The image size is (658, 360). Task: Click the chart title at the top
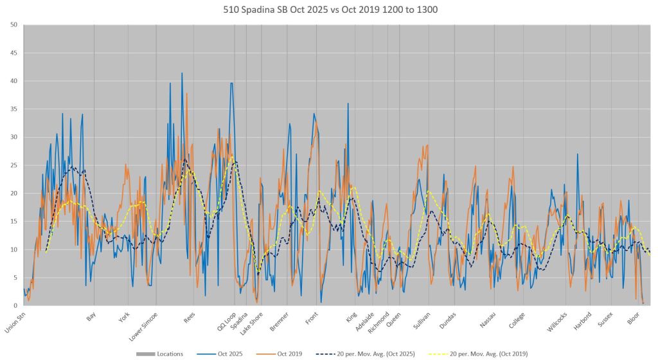(x=329, y=10)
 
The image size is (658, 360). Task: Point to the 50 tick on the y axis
(x=13, y=24)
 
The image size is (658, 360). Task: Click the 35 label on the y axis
(x=13, y=109)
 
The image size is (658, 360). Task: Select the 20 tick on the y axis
(x=13, y=193)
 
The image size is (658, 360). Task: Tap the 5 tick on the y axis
(x=15, y=277)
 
